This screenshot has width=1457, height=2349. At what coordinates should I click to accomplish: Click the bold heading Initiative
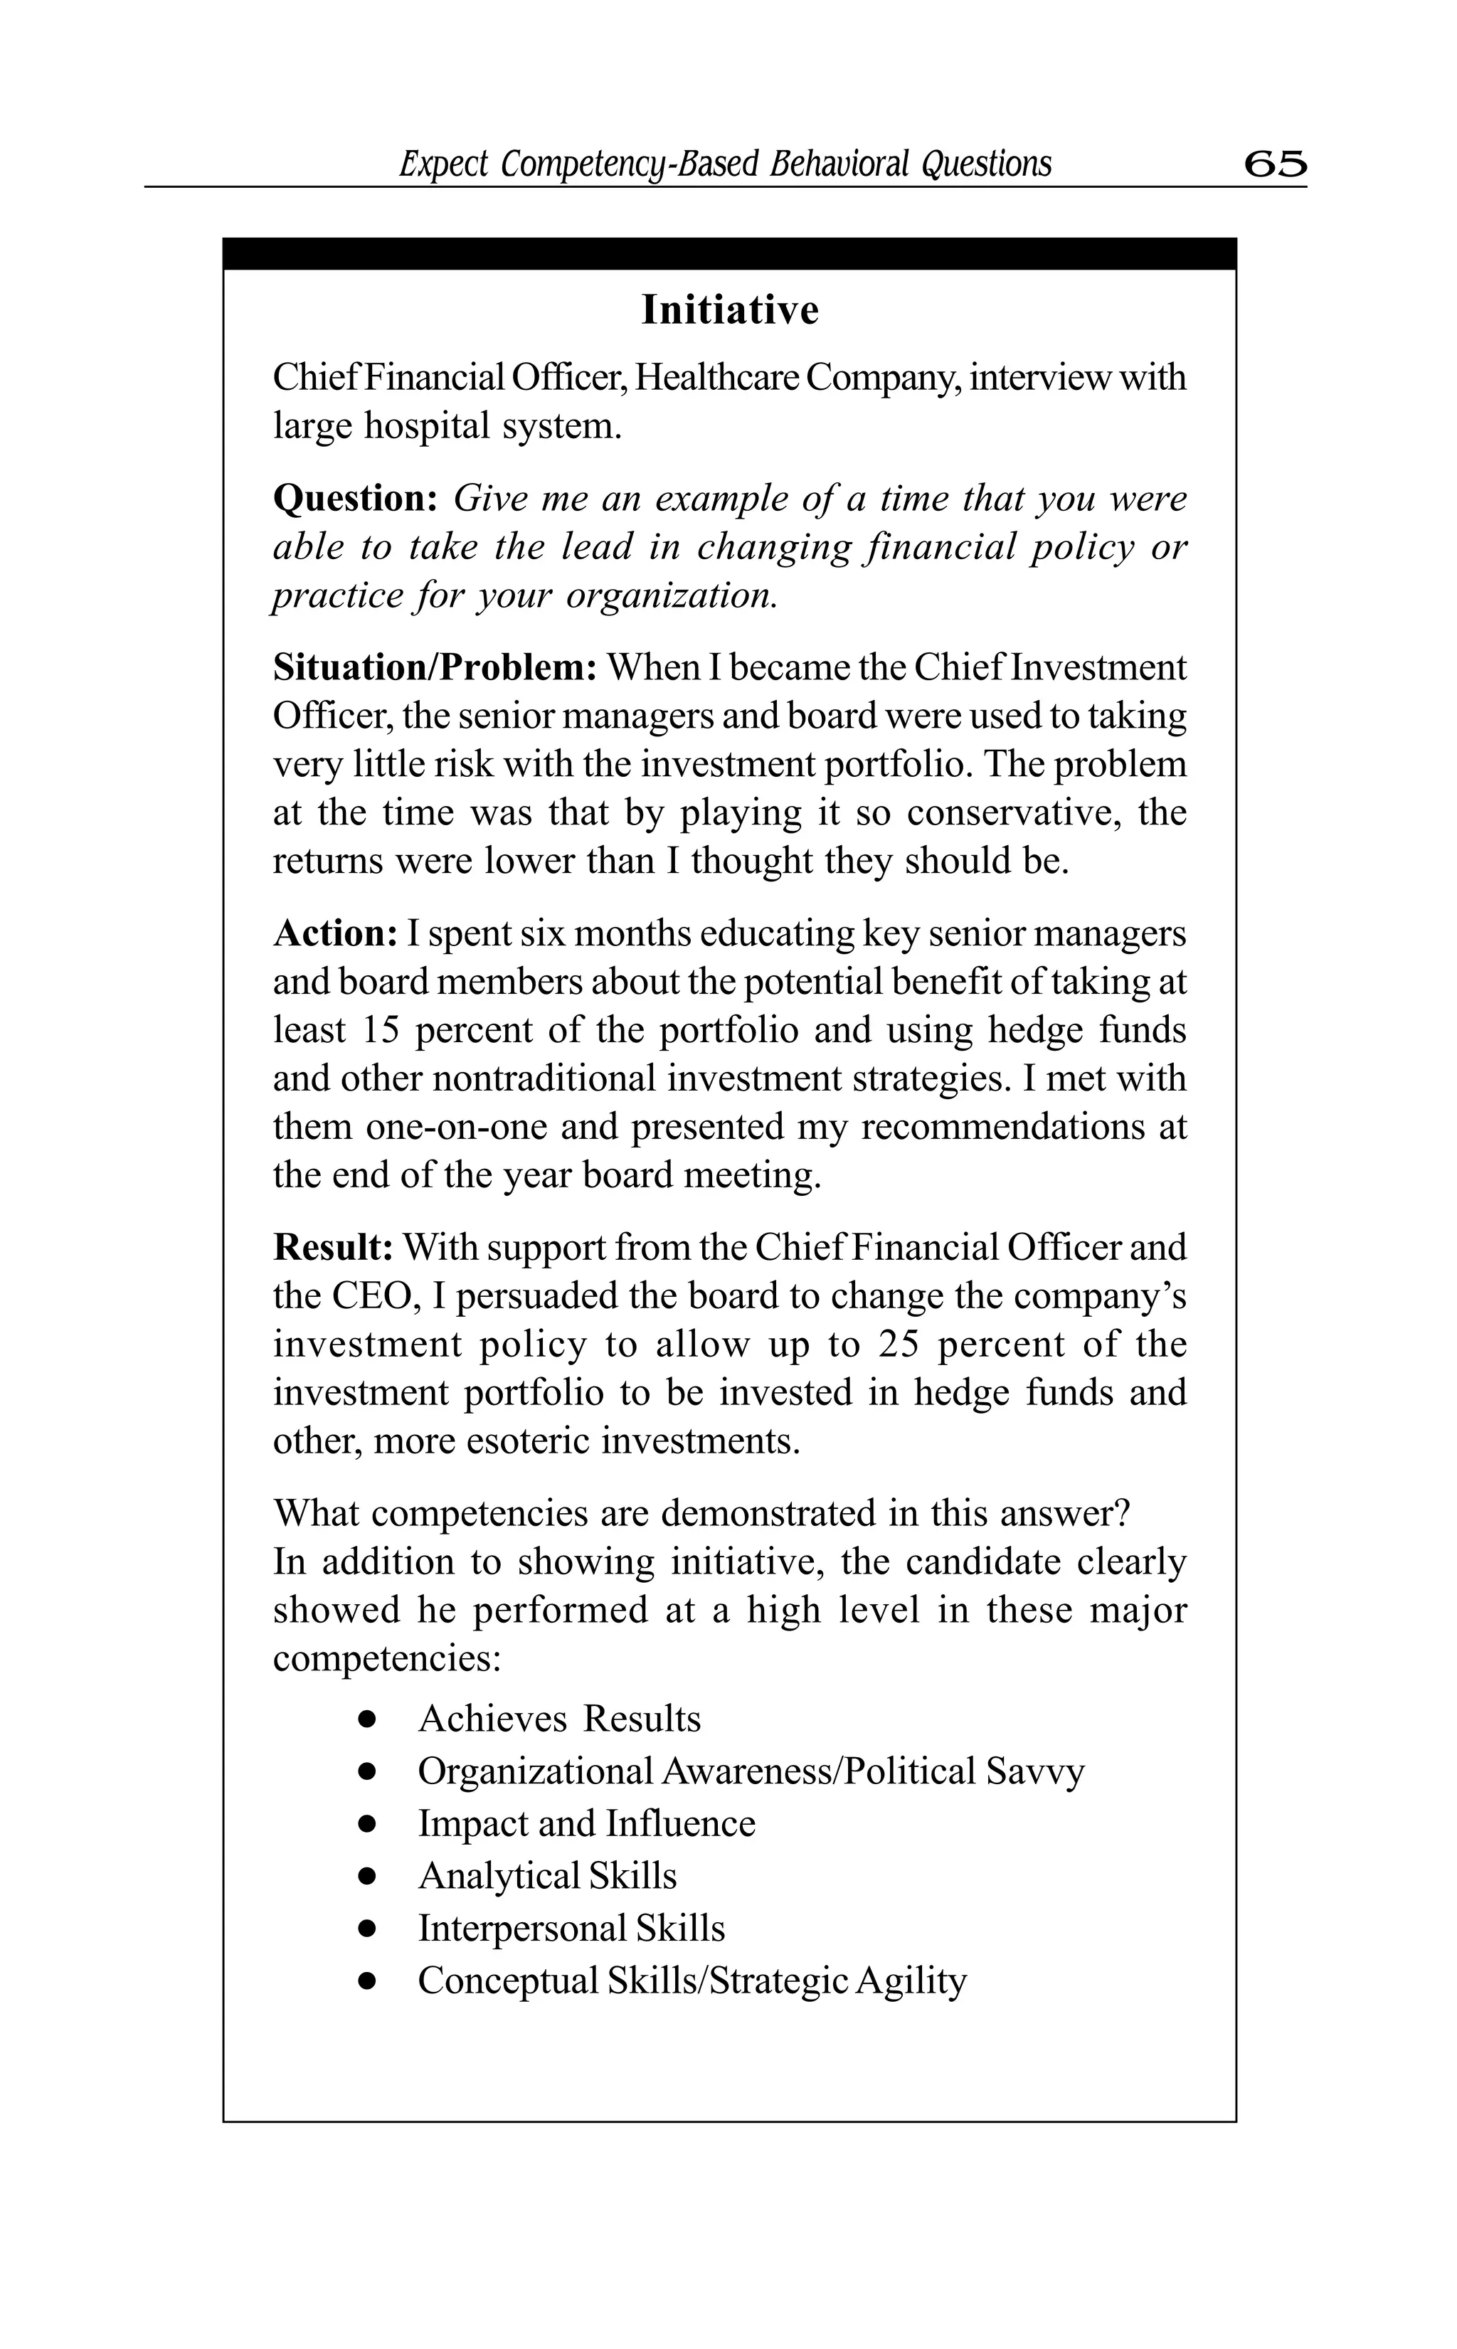click(729, 310)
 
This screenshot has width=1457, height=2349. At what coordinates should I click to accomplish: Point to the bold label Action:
click(334, 933)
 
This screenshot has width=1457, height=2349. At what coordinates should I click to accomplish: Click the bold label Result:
click(332, 1248)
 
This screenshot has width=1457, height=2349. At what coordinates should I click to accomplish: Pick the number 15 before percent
click(381, 1030)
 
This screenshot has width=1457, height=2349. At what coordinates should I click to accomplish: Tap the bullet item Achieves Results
click(559, 1719)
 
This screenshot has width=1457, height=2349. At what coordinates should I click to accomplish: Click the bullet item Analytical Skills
click(546, 1876)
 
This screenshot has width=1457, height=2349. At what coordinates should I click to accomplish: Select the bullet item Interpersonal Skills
click(571, 1928)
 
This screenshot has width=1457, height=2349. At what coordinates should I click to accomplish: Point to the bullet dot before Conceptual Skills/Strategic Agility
click(366, 1981)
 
